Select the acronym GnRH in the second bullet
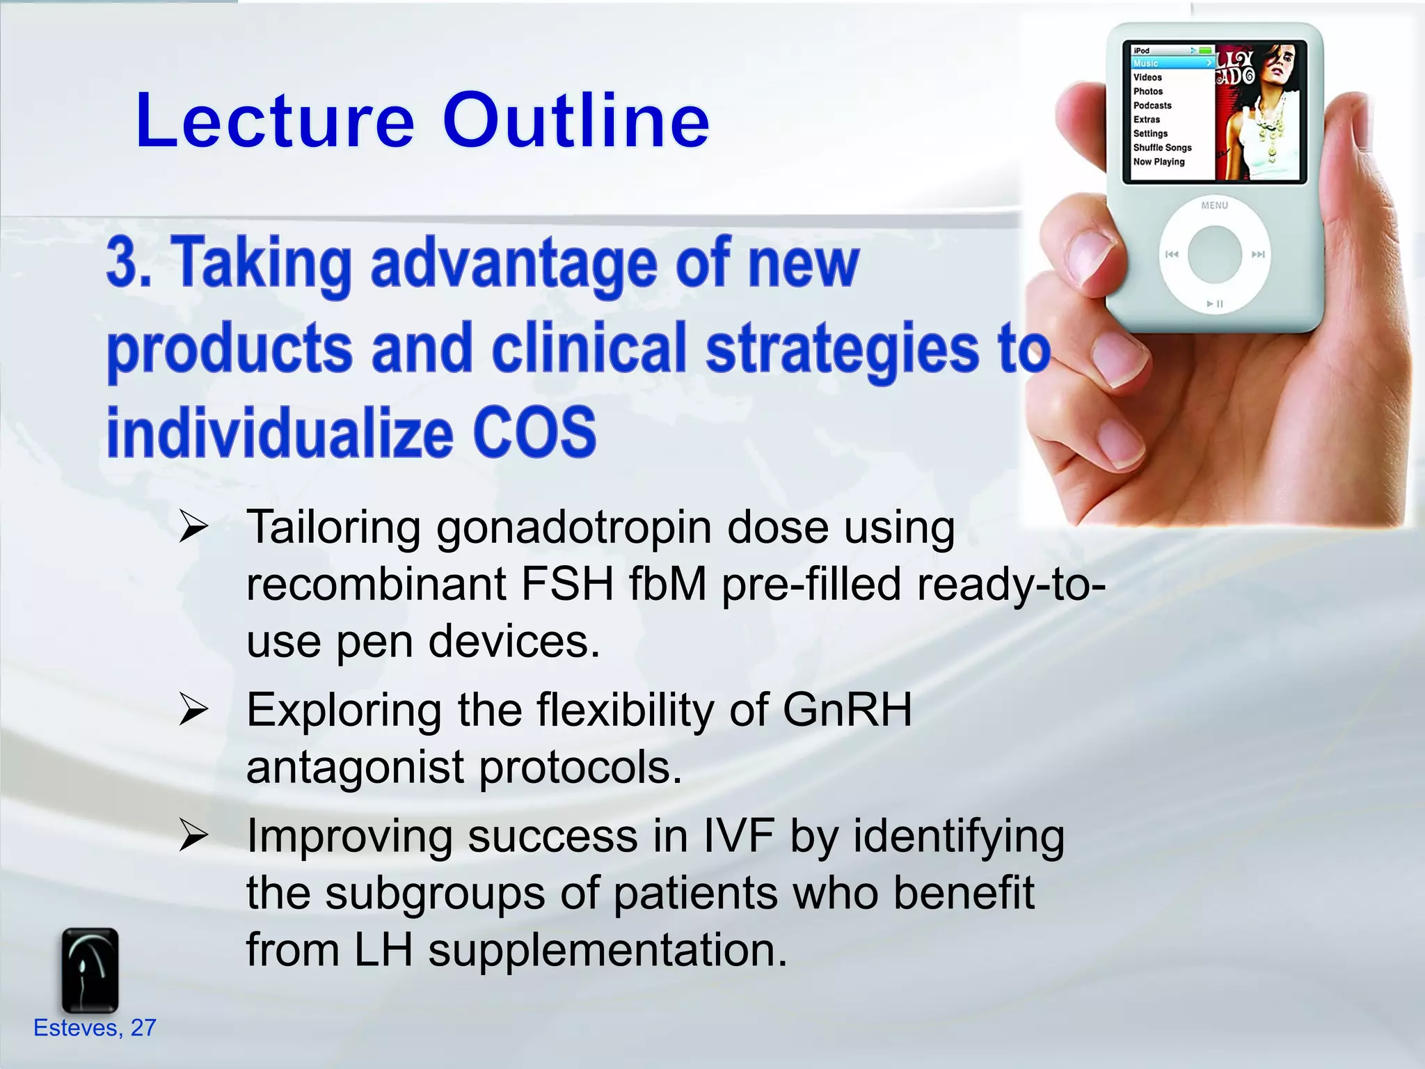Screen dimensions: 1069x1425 tap(847, 711)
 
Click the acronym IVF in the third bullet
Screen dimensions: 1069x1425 tap(738, 836)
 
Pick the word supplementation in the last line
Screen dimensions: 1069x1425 tap(607, 950)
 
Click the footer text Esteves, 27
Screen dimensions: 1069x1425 tap(95, 1028)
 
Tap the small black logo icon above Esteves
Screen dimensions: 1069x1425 tap(90, 969)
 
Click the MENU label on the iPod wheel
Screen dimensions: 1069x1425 tap(1214, 205)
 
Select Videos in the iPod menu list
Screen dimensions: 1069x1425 tap(1147, 77)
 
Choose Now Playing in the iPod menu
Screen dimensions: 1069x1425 tap(1159, 161)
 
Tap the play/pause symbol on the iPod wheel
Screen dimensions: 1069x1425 tap(1215, 304)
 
